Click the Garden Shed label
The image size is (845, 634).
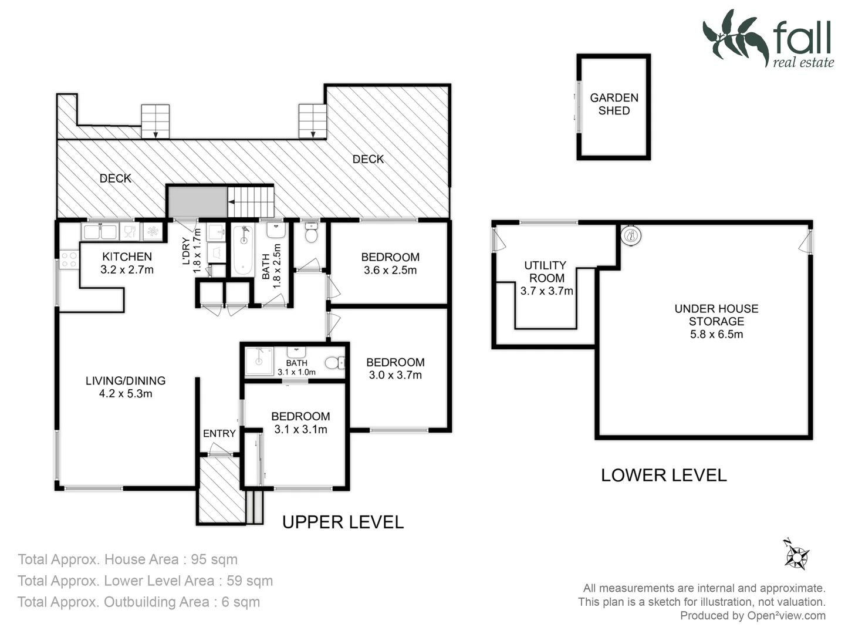(614, 104)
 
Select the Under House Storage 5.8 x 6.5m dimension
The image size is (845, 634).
(716, 334)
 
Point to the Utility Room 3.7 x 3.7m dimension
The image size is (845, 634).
(547, 291)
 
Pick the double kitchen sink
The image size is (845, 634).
(100, 232)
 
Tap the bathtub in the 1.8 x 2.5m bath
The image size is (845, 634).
(244, 249)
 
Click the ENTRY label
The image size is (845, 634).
(219, 433)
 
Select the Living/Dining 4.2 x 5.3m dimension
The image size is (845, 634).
(126, 393)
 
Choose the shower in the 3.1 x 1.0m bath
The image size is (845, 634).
(259, 361)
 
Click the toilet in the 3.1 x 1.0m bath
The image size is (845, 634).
(334, 363)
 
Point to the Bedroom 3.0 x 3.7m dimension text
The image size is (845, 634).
(396, 375)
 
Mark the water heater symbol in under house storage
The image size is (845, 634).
(631, 235)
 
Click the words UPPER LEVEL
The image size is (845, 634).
(343, 522)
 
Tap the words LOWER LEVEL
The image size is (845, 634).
(664, 475)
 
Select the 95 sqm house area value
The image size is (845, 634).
(214, 559)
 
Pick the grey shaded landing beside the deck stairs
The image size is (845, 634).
(198, 202)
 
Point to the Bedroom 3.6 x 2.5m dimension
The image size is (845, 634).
(390, 270)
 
